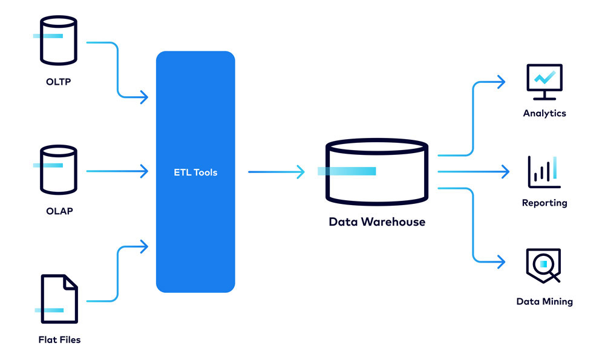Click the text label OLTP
point(58,82)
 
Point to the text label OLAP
point(59,211)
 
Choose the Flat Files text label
point(59,339)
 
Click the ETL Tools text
point(195,172)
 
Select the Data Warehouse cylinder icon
point(376,172)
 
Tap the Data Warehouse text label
point(376,221)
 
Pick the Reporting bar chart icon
point(544,172)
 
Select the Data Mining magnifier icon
point(543,265)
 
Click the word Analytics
point(544,113)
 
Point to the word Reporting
point(544,203)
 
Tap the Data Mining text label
point(544,301)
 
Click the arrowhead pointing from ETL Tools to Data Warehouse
point(301,172)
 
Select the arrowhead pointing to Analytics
point(501,82)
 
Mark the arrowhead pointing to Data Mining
point(501,262)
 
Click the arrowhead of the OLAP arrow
point(144,172)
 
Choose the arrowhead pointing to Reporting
point(505,172)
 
